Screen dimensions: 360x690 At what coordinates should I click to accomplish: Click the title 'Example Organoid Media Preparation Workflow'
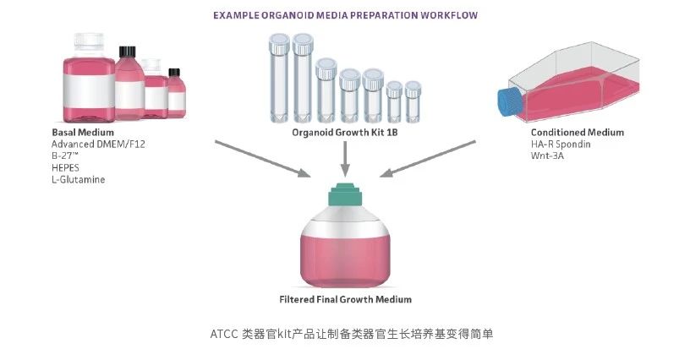click(344, 15)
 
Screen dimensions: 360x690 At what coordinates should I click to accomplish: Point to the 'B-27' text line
click(68, 156)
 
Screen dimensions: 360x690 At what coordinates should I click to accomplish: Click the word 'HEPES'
click(67, 168)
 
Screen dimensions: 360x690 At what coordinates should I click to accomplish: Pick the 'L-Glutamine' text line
click(78, 180)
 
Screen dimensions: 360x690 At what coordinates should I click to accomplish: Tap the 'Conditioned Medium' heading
click(577, 133)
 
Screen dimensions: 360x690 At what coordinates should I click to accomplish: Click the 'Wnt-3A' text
click(547, 156)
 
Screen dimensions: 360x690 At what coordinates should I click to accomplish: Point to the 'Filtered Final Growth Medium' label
click(345, 299)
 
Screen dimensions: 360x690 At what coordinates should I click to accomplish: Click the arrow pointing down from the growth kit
click(344, 159)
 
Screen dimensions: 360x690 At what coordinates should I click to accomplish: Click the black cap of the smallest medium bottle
click(175, 74)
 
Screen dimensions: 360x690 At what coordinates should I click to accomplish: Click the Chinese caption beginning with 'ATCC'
click(344, 334)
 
